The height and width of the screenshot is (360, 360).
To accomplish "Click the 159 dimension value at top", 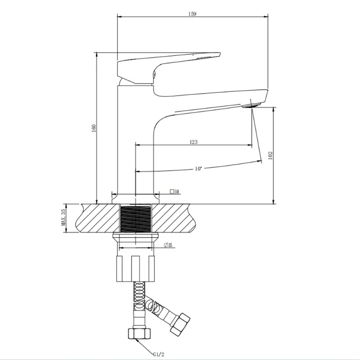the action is [x=192, y=14].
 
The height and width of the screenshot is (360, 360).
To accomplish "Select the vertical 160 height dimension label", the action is [x=94, y=128].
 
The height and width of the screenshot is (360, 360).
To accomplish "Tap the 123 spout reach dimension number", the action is [x=193, y=142].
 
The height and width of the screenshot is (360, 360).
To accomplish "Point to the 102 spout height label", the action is [x=270, y=155].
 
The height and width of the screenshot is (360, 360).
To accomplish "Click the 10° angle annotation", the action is [x=198, y=169].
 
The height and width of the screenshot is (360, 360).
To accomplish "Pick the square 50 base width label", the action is [x=175, y=192].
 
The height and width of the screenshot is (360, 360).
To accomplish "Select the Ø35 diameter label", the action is [x=168, y=245].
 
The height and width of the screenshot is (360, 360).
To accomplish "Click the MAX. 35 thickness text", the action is [x=63, y=217].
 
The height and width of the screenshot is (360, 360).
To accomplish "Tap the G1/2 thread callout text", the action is [x=159, y=354].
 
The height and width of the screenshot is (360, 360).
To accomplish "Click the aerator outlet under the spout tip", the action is [x=252, y=106].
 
